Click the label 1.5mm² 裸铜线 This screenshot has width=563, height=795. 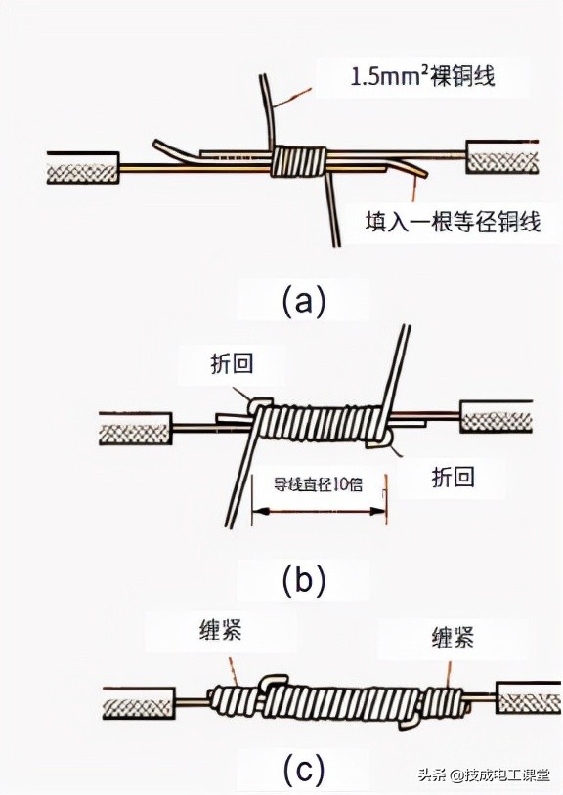422,75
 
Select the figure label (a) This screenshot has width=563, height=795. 303,300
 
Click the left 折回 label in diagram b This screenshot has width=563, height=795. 232,364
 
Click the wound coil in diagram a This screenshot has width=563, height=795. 299,161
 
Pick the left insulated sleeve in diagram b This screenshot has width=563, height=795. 134,427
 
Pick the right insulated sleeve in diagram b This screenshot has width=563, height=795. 497,421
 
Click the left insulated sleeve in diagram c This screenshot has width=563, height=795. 140,701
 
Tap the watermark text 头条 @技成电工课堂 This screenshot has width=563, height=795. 486,775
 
